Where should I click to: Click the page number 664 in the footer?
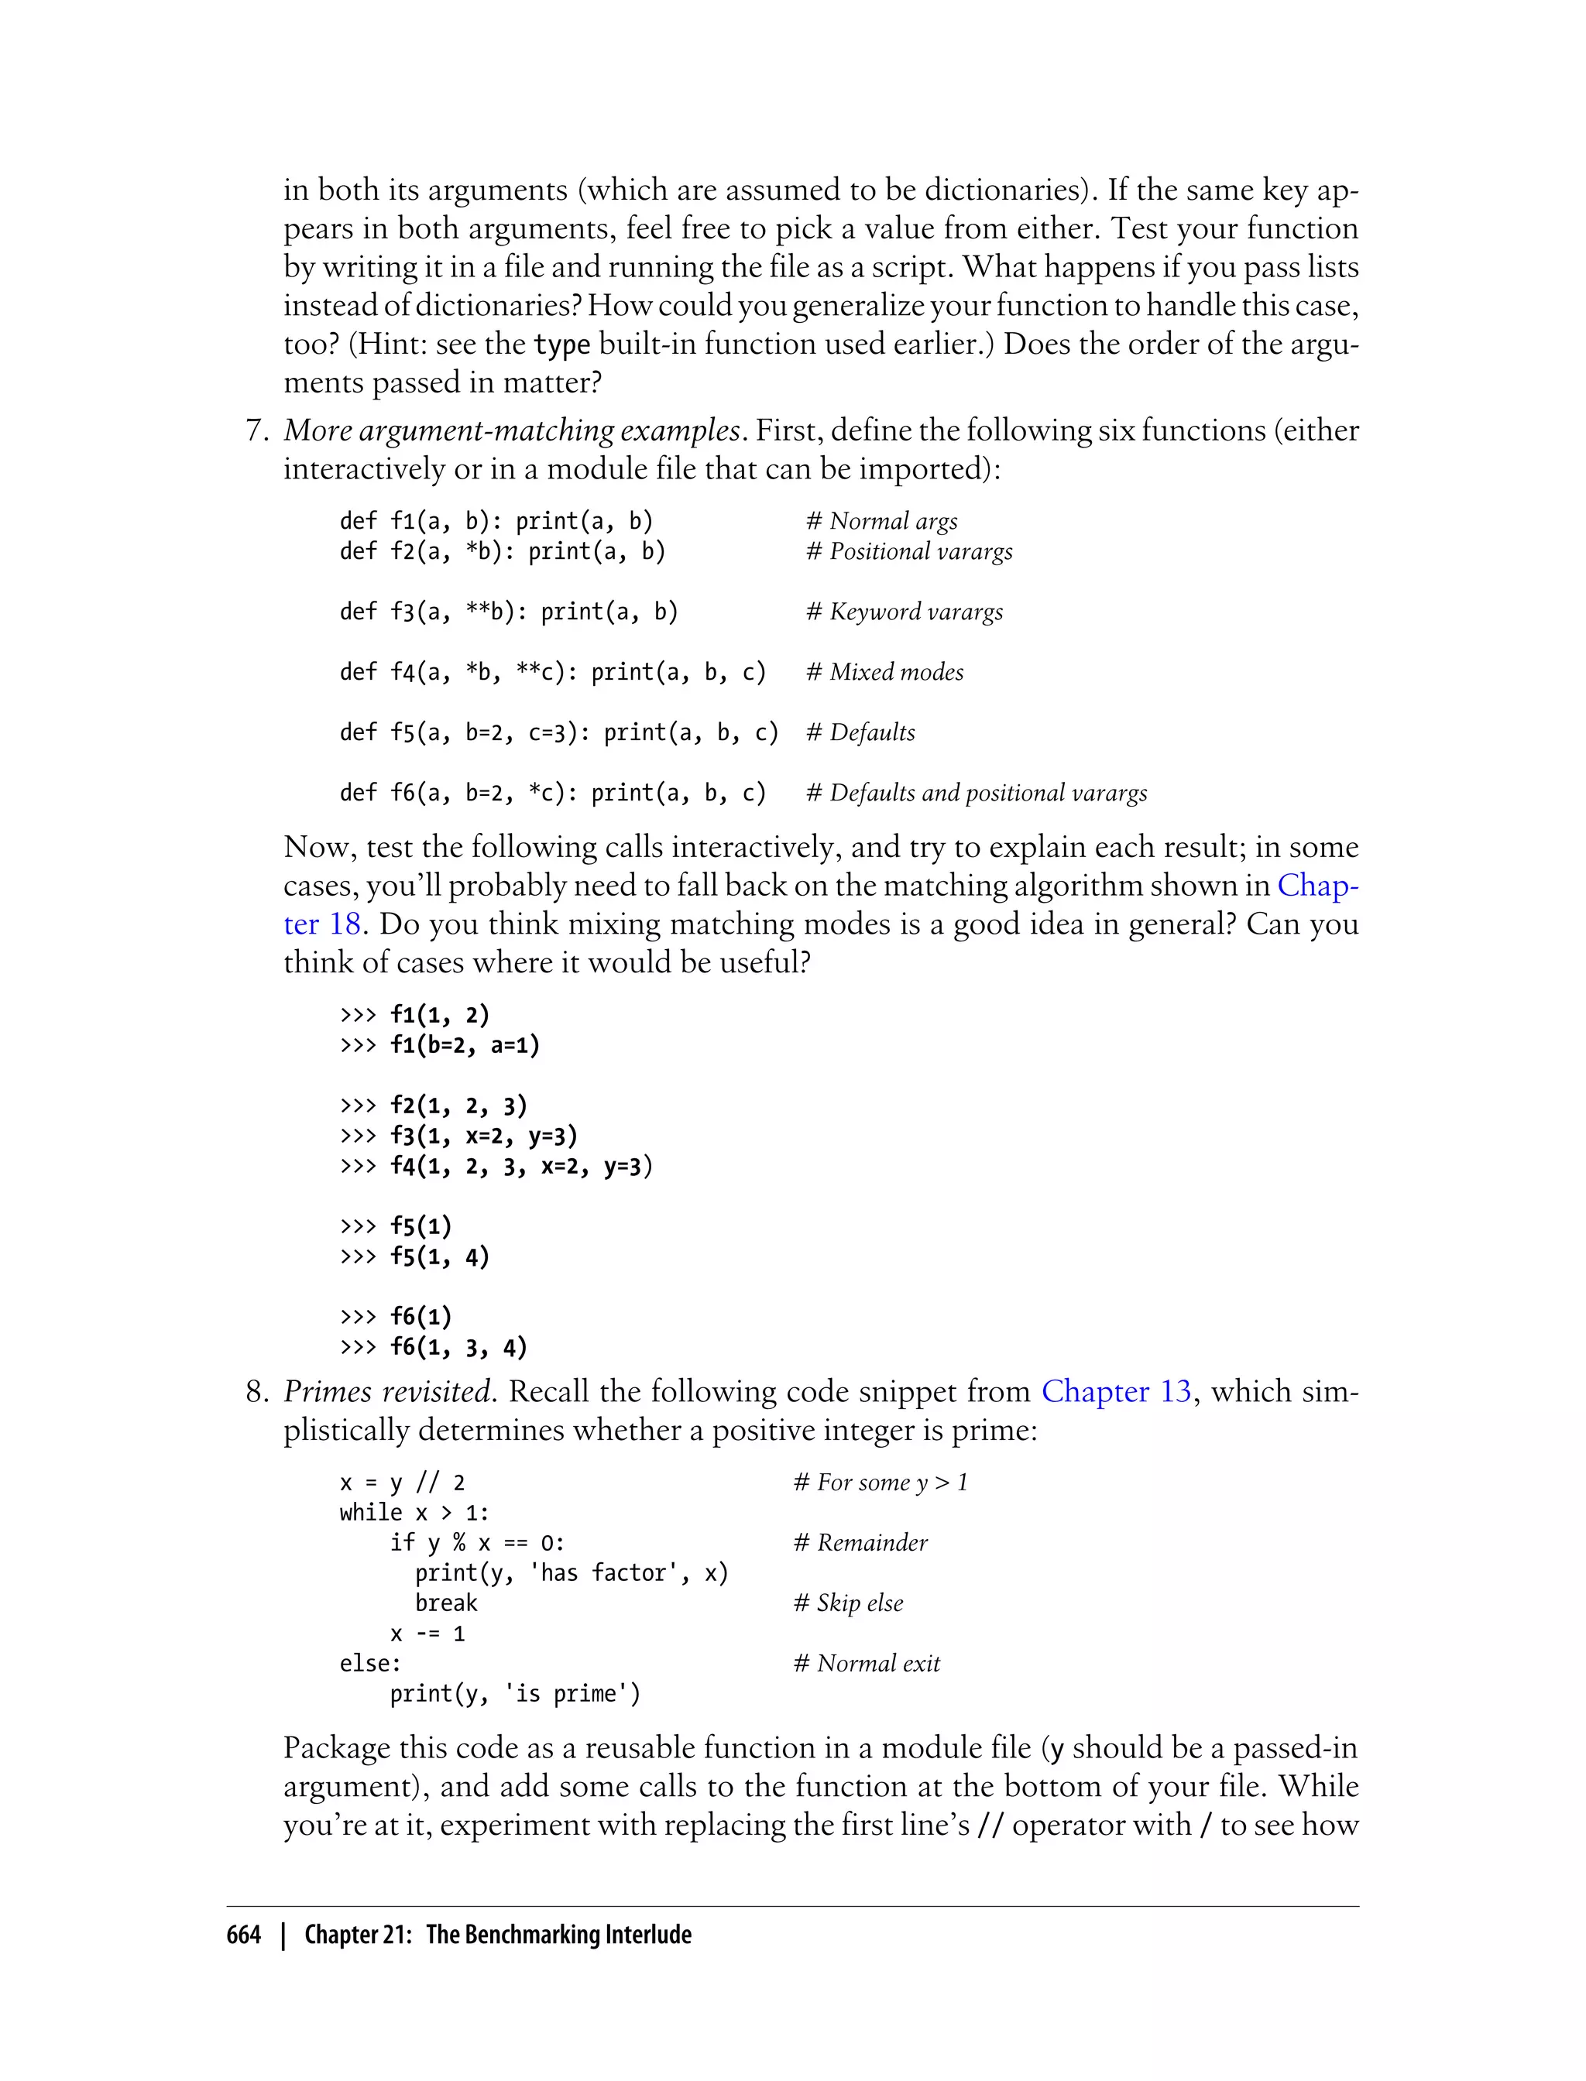click(244, 1935)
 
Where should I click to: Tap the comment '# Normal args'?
click(882, 521)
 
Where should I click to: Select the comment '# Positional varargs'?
click(909, 551)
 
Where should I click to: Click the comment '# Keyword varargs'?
click(905, 612)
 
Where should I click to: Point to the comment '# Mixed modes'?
click(884, 672)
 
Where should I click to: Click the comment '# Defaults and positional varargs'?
click(976, 793)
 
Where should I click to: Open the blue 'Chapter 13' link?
click(1116, 1391)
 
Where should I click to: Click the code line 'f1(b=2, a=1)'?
click(465, 1044)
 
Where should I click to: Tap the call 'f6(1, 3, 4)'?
click(458, 1347)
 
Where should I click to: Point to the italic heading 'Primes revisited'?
click(387, 1391)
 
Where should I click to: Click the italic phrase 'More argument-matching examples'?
click(512, 430)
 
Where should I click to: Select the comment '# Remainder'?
click(860, 1542)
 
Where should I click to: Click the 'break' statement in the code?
click(445, 1603)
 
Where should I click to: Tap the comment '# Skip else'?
click(848, 1603)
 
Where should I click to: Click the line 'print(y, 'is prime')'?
click(514, 1693)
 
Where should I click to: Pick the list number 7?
click(257, 430)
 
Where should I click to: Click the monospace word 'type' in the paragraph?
click(561, 345)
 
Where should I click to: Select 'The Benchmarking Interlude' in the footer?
click(559, 1935)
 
